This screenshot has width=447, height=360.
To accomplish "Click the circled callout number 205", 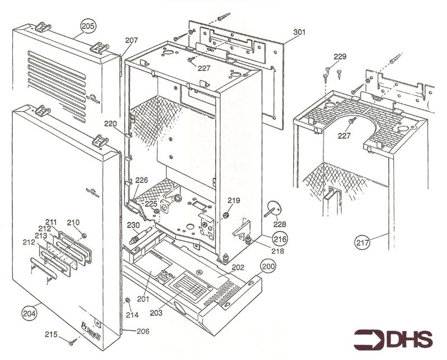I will pyautogui.click(x=88, y=26).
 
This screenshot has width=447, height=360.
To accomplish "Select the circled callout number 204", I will pyautogui.click(x=30, y=314).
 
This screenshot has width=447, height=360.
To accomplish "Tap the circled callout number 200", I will pyautogui.click(x=268, y=267).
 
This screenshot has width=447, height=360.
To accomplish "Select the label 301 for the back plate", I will pyautogui.click(x=299, y=32).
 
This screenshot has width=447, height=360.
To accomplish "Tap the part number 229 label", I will pyautogui.click(x=340, y=56).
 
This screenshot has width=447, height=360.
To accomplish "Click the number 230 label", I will pyautogui.click(x=133, y=225).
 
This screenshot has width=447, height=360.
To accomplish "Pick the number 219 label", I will pyautogui.click(x=234, y=200).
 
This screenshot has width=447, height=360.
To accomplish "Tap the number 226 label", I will pyautogui.click(x=142, y=180).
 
